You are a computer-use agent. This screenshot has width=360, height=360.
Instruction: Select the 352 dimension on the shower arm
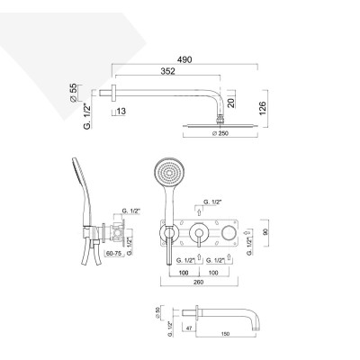[160, 76]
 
